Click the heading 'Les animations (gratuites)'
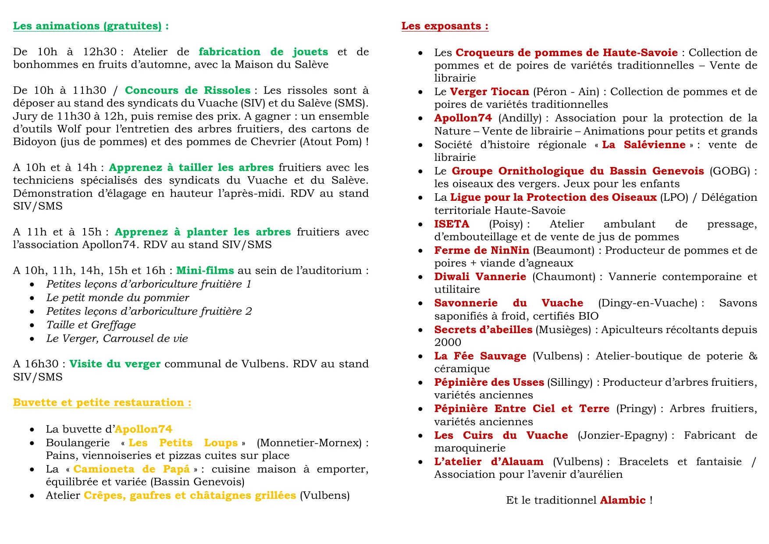pos(87,26)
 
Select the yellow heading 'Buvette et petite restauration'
pos(99,402)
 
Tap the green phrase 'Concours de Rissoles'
pos(188,90)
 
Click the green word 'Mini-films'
pos(205,270)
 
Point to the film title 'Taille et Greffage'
pos(91,325)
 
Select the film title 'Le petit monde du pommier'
pos(117,298)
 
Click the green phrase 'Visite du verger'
pos(115,364)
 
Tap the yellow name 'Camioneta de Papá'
pos(132,469)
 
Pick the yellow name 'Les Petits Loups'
pos(183,443)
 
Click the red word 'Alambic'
pos(623,500)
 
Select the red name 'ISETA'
pos(452,224)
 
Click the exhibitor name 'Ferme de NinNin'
pos(481,250)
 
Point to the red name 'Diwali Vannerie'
pos(480,277)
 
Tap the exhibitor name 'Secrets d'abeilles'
pos(483,330)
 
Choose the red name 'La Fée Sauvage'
pos(480,356)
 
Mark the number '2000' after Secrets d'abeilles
pos(448,342)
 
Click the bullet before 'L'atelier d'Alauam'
pos(420,462)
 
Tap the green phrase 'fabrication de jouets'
pos(263,52)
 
